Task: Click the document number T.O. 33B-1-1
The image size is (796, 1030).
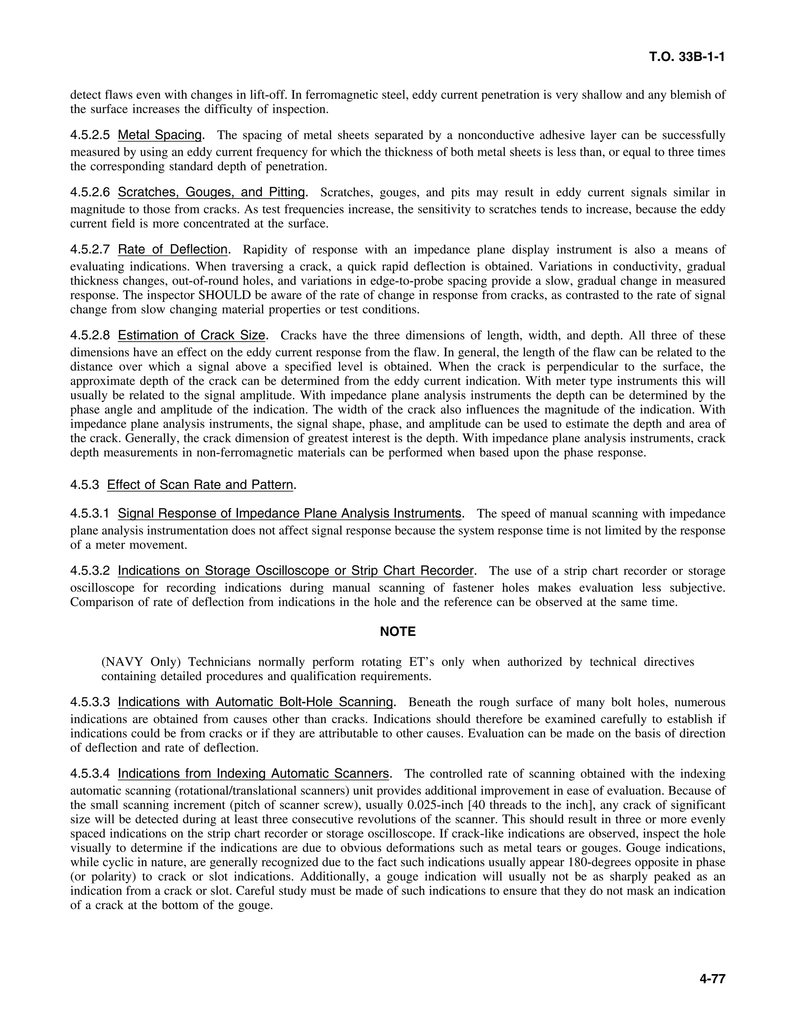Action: (687, 57)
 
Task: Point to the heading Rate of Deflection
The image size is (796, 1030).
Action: (173, 249)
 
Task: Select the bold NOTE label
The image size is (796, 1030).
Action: (398, 632)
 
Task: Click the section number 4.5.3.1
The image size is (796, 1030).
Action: (90, 513)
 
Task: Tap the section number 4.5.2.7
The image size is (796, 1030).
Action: (90, 250)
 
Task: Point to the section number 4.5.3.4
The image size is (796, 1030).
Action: (90, 773)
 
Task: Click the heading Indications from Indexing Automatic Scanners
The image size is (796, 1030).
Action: (254, 773)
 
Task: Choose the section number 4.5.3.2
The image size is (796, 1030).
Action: (90, 571)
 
